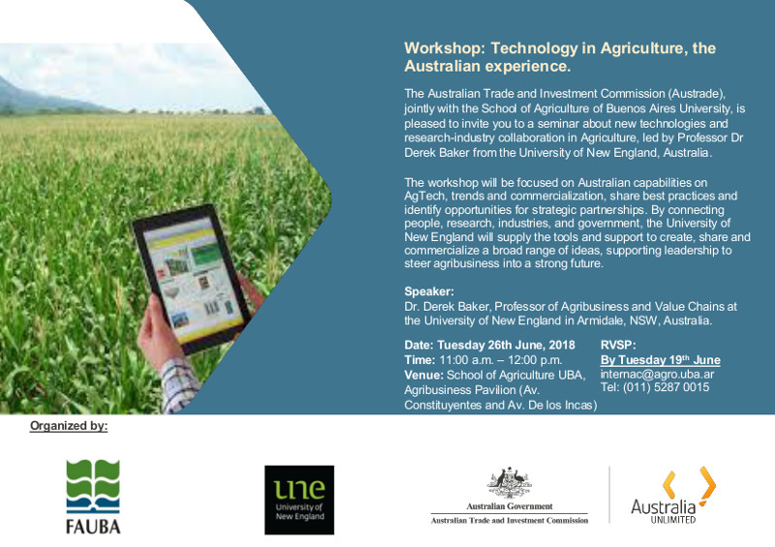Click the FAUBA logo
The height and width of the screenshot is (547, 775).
click(93, 496)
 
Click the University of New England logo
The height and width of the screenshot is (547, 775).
click(299, 500)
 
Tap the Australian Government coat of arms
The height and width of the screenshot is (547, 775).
click(510, 483)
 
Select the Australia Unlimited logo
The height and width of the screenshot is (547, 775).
click(673, 495)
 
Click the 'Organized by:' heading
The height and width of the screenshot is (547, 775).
click(69, 426)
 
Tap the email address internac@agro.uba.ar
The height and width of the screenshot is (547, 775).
click(657, 374)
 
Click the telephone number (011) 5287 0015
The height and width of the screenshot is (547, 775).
click(666, 387)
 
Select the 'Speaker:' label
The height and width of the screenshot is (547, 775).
click(429, 291)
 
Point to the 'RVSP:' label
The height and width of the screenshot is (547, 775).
click(618, 345)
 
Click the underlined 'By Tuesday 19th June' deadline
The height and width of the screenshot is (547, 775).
click(661, 360)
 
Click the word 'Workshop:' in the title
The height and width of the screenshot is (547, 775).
click(447, 48)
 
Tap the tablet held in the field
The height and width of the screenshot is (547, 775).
click(191, 278)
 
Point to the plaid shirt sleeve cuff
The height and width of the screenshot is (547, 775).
click(179, 384)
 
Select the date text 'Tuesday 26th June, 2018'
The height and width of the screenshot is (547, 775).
click(506, 345)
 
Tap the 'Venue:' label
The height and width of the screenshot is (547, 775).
click(424, 375)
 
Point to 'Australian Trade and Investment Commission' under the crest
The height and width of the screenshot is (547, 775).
click(510, 520)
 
